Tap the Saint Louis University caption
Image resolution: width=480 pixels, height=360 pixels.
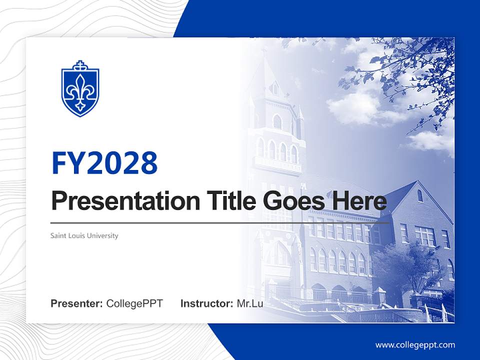tap(84, 235)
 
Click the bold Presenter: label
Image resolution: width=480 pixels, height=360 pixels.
tap(77, 303)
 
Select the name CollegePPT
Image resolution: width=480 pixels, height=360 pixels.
tap(134, 303)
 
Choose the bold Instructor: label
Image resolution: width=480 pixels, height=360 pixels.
tap(206, 303)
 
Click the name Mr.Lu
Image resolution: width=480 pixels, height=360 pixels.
tap(250, 303)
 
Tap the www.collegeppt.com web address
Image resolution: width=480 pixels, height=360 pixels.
tap(415, 345)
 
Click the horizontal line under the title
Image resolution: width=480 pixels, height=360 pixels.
tap(220, 222)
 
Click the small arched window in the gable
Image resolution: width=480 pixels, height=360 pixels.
tap(420, 195)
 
